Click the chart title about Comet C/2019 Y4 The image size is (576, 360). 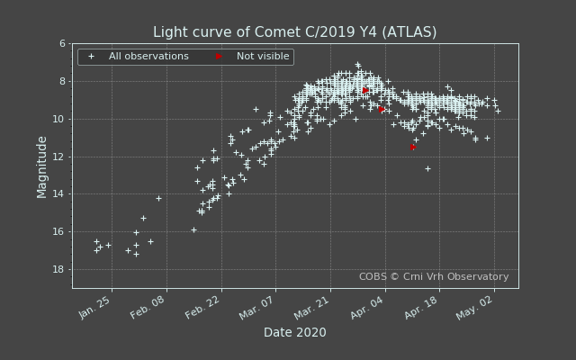pos(294,32)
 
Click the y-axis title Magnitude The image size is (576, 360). pos(42,166)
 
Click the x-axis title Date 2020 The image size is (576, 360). pos(294,333)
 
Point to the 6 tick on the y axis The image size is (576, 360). pos(62,43)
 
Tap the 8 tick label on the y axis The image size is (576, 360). pos(62,81)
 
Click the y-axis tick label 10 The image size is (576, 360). pos(59,119)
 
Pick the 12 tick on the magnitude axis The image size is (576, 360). pos(59,157)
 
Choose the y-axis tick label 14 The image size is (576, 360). pos(59,194)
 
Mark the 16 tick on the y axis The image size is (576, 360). pos(59,232)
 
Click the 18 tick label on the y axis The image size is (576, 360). pos(59,270)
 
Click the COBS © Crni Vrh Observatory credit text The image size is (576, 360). pos(433,277)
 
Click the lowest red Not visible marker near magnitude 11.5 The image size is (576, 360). pos(412,147)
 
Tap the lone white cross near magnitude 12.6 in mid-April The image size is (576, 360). pos(427,168)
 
